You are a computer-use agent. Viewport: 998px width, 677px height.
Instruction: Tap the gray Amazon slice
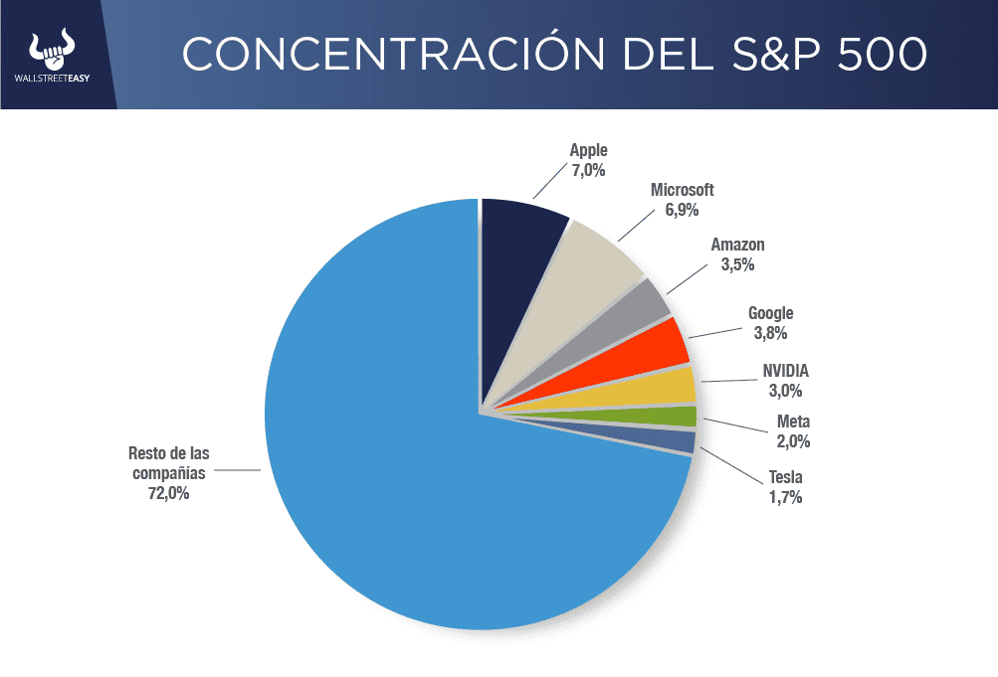tap(637, 313)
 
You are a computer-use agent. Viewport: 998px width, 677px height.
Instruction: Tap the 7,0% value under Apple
tap(588, 170)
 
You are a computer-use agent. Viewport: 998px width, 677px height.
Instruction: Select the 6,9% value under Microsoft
tap(682, 210)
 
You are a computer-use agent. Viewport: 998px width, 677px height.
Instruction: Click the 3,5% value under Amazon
tap(737, 264)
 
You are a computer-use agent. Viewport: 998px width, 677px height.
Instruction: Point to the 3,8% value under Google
tap(770, 334)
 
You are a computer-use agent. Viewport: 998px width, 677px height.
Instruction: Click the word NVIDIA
tap(785, 371)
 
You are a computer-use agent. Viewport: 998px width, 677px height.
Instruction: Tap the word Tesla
tap(785, 477)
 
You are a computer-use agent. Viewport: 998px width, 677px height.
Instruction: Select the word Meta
tap(793, 422)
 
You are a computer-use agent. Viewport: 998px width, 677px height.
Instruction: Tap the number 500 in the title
tap(882, 55)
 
